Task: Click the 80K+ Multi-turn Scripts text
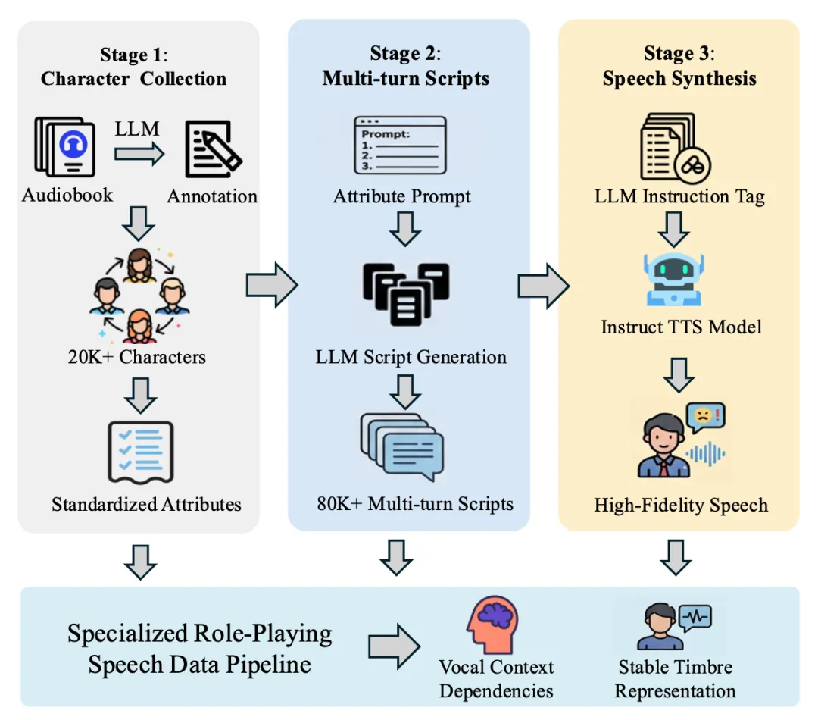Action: tap(415, 503)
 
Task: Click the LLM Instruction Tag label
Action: tap(679, 197)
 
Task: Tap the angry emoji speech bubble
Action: tap(705, 416)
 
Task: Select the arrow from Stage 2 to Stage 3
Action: tap(543, 285)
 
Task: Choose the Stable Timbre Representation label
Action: tap(675, 679)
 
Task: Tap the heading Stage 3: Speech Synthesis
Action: tap(679, 66)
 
